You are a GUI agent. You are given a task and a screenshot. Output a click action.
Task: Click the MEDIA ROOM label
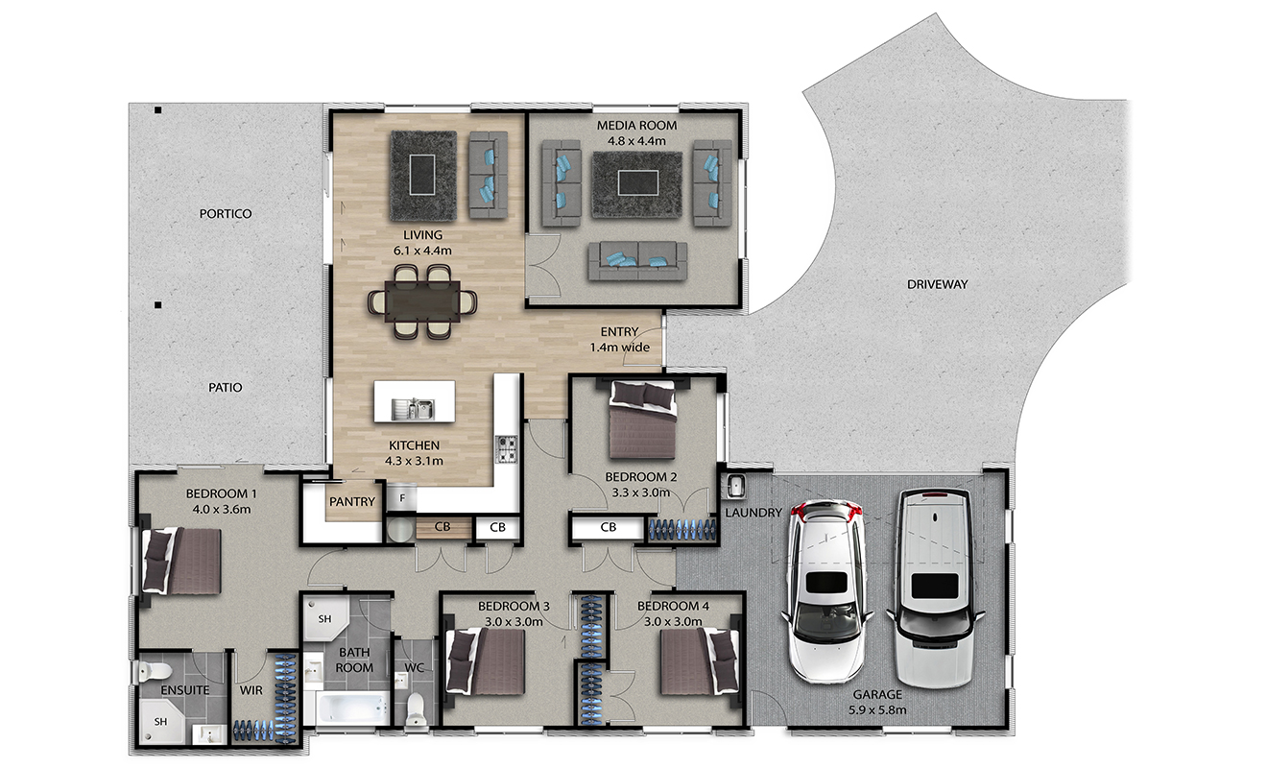[x=636, y=126]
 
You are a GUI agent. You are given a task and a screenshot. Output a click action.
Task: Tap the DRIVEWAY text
[x=937, y=284]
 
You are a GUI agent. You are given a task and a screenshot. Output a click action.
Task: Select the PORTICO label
[x=226, y=214]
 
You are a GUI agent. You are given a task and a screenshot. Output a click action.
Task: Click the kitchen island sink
[x=413, y=408]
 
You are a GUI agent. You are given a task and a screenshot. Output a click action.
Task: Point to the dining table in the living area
[x=422, y=301]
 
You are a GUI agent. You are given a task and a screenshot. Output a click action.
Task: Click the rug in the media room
[x=637, y=184]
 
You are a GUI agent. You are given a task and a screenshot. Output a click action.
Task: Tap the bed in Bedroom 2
[x=642, y=420]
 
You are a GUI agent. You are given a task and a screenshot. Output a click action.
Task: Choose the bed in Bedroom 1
[x=181, y=561]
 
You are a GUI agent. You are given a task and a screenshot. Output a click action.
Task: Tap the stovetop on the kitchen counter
[x=506, y=449]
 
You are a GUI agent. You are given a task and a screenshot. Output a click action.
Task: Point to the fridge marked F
[x=402, y=498]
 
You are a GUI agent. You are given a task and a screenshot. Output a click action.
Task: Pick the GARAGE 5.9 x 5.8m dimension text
[x=877, y=702]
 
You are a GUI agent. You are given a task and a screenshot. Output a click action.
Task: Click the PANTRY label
[x=352, y=502]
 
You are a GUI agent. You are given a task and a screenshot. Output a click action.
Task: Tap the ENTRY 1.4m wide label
[x=619, y=339]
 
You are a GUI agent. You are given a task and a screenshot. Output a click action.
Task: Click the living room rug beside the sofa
[x=423, y=176]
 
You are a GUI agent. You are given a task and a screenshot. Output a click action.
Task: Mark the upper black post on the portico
[x=158, y=109]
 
